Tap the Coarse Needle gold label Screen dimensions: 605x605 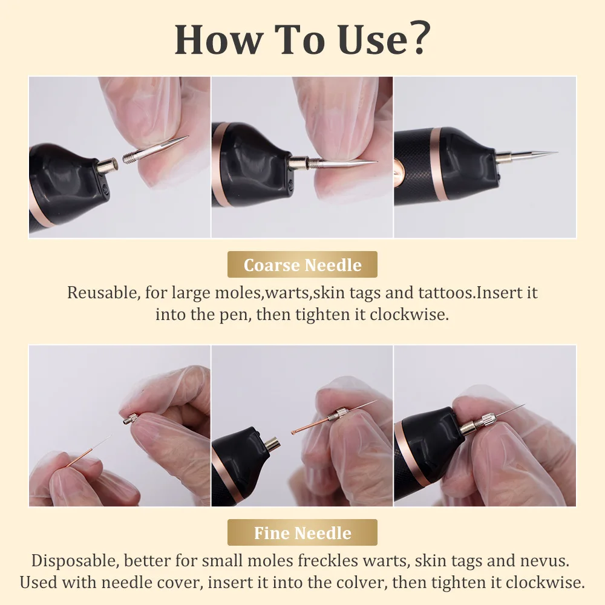pyautogui.click(x=302, y=265)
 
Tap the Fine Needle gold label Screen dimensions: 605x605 pyautogui.click(x=302, y=533)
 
